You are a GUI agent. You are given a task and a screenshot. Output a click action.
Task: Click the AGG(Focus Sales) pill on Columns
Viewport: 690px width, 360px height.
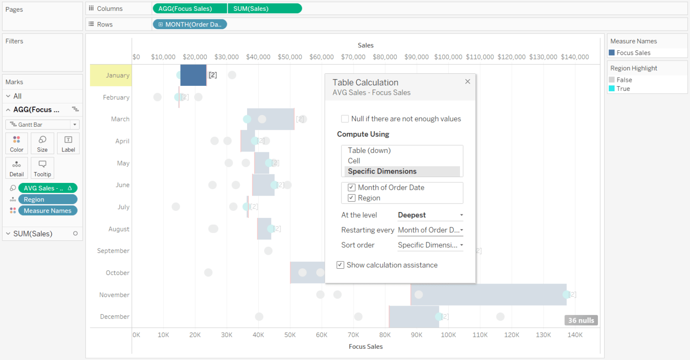click(x=189, y=9)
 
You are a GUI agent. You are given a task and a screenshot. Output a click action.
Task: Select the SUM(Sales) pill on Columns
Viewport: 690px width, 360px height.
click(x=264, y=9)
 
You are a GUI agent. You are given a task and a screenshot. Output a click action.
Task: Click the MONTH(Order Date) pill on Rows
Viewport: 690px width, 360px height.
click(x=190, y=24)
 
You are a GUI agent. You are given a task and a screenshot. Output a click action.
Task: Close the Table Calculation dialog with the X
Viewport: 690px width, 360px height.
click(x=468, y=81)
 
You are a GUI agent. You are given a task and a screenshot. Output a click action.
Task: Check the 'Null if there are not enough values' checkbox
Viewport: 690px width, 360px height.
click(x=345, y=119)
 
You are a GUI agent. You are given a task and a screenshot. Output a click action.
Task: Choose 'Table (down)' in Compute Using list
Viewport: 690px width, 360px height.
click(x=369, y=151)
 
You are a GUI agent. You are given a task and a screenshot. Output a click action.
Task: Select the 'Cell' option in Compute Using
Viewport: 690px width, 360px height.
click(x=354, y=161)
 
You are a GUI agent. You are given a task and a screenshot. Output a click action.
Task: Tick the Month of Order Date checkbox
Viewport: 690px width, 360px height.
click(x=352, y=187)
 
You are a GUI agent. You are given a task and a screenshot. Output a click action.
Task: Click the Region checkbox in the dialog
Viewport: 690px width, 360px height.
click(x=352, y=198)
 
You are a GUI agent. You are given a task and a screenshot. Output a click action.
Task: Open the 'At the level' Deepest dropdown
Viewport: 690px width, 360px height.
click(x=430, y=215)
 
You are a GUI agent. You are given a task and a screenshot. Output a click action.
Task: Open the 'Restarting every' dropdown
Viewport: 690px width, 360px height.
click(x=430, y=230)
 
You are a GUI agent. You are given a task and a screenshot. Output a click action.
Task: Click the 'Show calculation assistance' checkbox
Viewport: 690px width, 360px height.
click(x=341, y=265)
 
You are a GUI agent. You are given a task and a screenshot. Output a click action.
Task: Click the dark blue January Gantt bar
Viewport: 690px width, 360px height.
click(x=193, y=75)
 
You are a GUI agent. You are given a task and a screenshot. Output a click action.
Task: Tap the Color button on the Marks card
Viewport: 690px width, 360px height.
click(x=17, y=143)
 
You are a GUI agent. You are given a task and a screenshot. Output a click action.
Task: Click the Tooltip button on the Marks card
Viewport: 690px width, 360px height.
click(x=42, y=168)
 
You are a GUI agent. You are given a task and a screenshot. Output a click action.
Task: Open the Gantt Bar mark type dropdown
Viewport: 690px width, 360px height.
click(x=42, y=124)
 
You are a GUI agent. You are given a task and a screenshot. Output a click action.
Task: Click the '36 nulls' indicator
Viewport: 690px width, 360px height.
click(x=581, y=320)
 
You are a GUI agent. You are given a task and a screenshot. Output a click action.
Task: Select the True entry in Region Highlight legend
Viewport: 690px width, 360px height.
click(x=623, y=89)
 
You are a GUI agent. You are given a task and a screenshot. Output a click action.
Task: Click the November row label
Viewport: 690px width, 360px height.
click(x=114, y=295)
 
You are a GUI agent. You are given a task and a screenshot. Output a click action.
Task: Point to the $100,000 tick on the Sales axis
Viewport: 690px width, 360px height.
click(x=448, y=57)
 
